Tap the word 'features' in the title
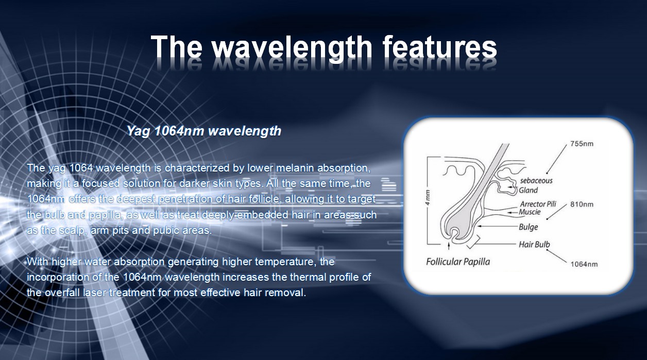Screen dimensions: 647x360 coord(439,47)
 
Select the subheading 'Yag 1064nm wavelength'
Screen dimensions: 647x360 coord(204,131)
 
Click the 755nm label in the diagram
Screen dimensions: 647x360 coord(582,144)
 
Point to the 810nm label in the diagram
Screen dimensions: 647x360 coord(582,204)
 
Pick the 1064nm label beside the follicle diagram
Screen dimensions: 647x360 coord(584,264)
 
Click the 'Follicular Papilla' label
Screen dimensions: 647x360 coord(458,262)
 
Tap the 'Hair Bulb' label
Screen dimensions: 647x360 coord(534,245)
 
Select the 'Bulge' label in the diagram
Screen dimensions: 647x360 coord(529,227)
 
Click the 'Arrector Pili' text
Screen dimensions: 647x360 coord(538,204)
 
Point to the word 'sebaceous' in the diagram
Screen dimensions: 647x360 coord(536,181)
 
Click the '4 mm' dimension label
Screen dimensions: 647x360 coord(428,198)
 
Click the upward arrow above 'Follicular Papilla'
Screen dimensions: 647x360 coord(449,246)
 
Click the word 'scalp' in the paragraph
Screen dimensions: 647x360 coord(72,231)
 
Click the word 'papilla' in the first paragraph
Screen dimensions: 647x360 coord(105,215)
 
